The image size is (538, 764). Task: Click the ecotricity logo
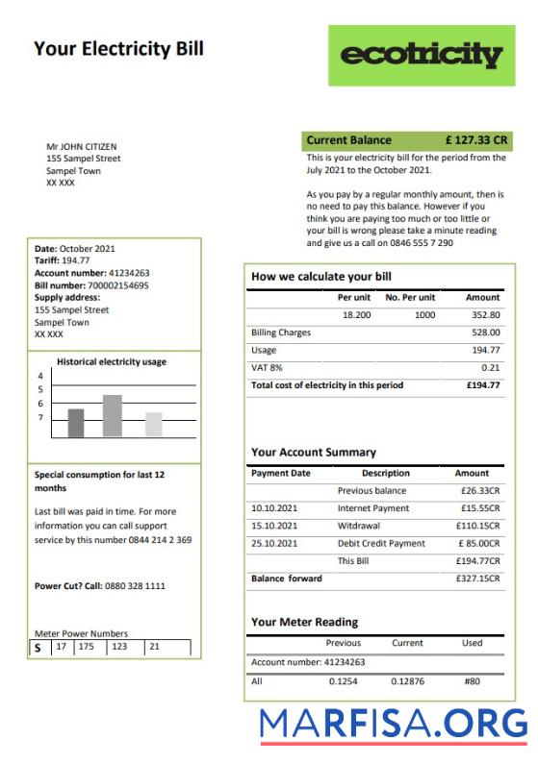(422, 55)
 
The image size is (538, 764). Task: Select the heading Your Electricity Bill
(118, 49)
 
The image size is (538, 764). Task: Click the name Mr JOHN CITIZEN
(82, 147)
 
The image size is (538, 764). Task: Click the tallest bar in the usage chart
(113, 416)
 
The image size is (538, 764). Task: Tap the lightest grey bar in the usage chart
(154, 425)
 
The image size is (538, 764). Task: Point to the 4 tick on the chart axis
(40, 376)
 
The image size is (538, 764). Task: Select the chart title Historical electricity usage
(112, 362)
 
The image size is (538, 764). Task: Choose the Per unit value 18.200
(357, 315)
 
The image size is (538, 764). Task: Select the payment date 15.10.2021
(274, 526)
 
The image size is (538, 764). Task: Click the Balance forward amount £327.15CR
(477, 579)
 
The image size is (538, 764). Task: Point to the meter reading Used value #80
(472, 681)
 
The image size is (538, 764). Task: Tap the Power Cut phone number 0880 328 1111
(129, 585)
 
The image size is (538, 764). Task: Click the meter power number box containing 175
(87, 647)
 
